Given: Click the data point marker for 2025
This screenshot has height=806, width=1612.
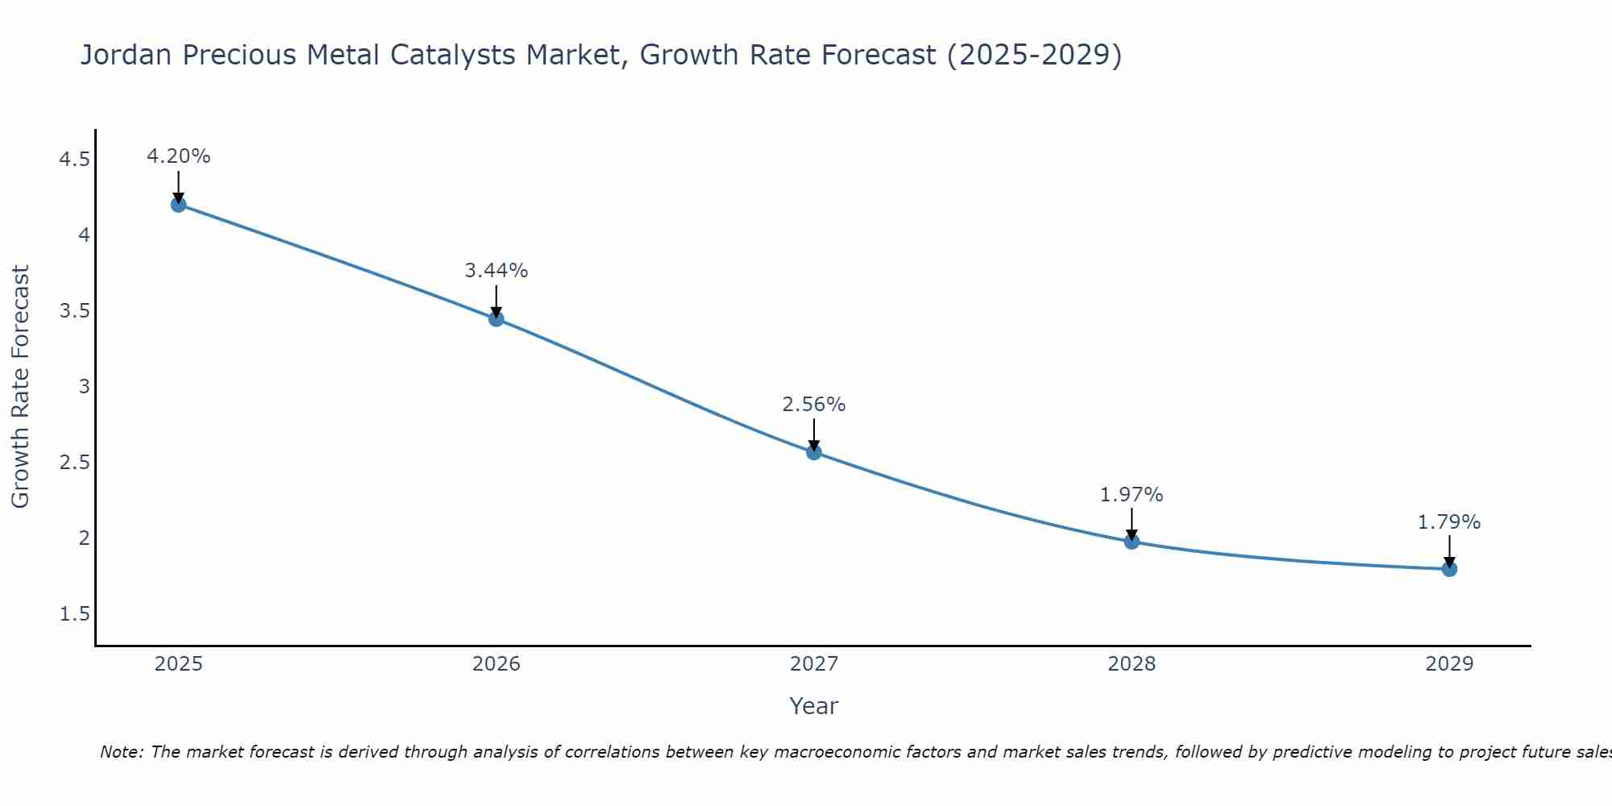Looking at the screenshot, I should [x=178, y=205].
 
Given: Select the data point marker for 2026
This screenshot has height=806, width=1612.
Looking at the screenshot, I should [x=496, y=319].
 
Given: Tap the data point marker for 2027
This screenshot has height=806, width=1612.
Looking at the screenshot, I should [x=814, y=452].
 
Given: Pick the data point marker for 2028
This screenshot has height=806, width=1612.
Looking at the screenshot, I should [x=1132, y=542].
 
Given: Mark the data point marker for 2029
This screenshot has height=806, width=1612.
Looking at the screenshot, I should [x=1449, y=569].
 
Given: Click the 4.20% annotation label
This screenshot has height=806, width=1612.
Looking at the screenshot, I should [x=178, y=156].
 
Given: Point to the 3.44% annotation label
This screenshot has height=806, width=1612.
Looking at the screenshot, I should [x=496, y=271].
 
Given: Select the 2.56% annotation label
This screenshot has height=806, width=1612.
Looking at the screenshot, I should [x=814, y=405].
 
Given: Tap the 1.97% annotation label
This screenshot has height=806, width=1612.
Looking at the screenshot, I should [x=1132, y=495].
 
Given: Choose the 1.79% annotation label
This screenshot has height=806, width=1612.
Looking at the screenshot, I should [x=1449, y=522].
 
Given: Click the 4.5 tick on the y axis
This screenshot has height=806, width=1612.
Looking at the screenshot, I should [x=74, y=160].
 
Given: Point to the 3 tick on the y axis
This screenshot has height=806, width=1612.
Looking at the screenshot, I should [x=84, y=387].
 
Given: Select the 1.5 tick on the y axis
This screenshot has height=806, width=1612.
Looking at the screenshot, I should [x=74, y=614].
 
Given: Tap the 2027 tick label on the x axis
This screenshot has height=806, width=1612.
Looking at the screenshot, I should [x=814, y=664].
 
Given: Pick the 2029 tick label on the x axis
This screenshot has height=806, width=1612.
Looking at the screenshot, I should [x=1449, y=664].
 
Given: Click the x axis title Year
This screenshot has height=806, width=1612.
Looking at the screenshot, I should [x=814, y=706].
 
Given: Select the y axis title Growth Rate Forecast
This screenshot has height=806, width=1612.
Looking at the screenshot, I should [x=20, y=387].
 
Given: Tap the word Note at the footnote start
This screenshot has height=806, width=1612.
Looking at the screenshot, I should [x=121, y=752].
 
